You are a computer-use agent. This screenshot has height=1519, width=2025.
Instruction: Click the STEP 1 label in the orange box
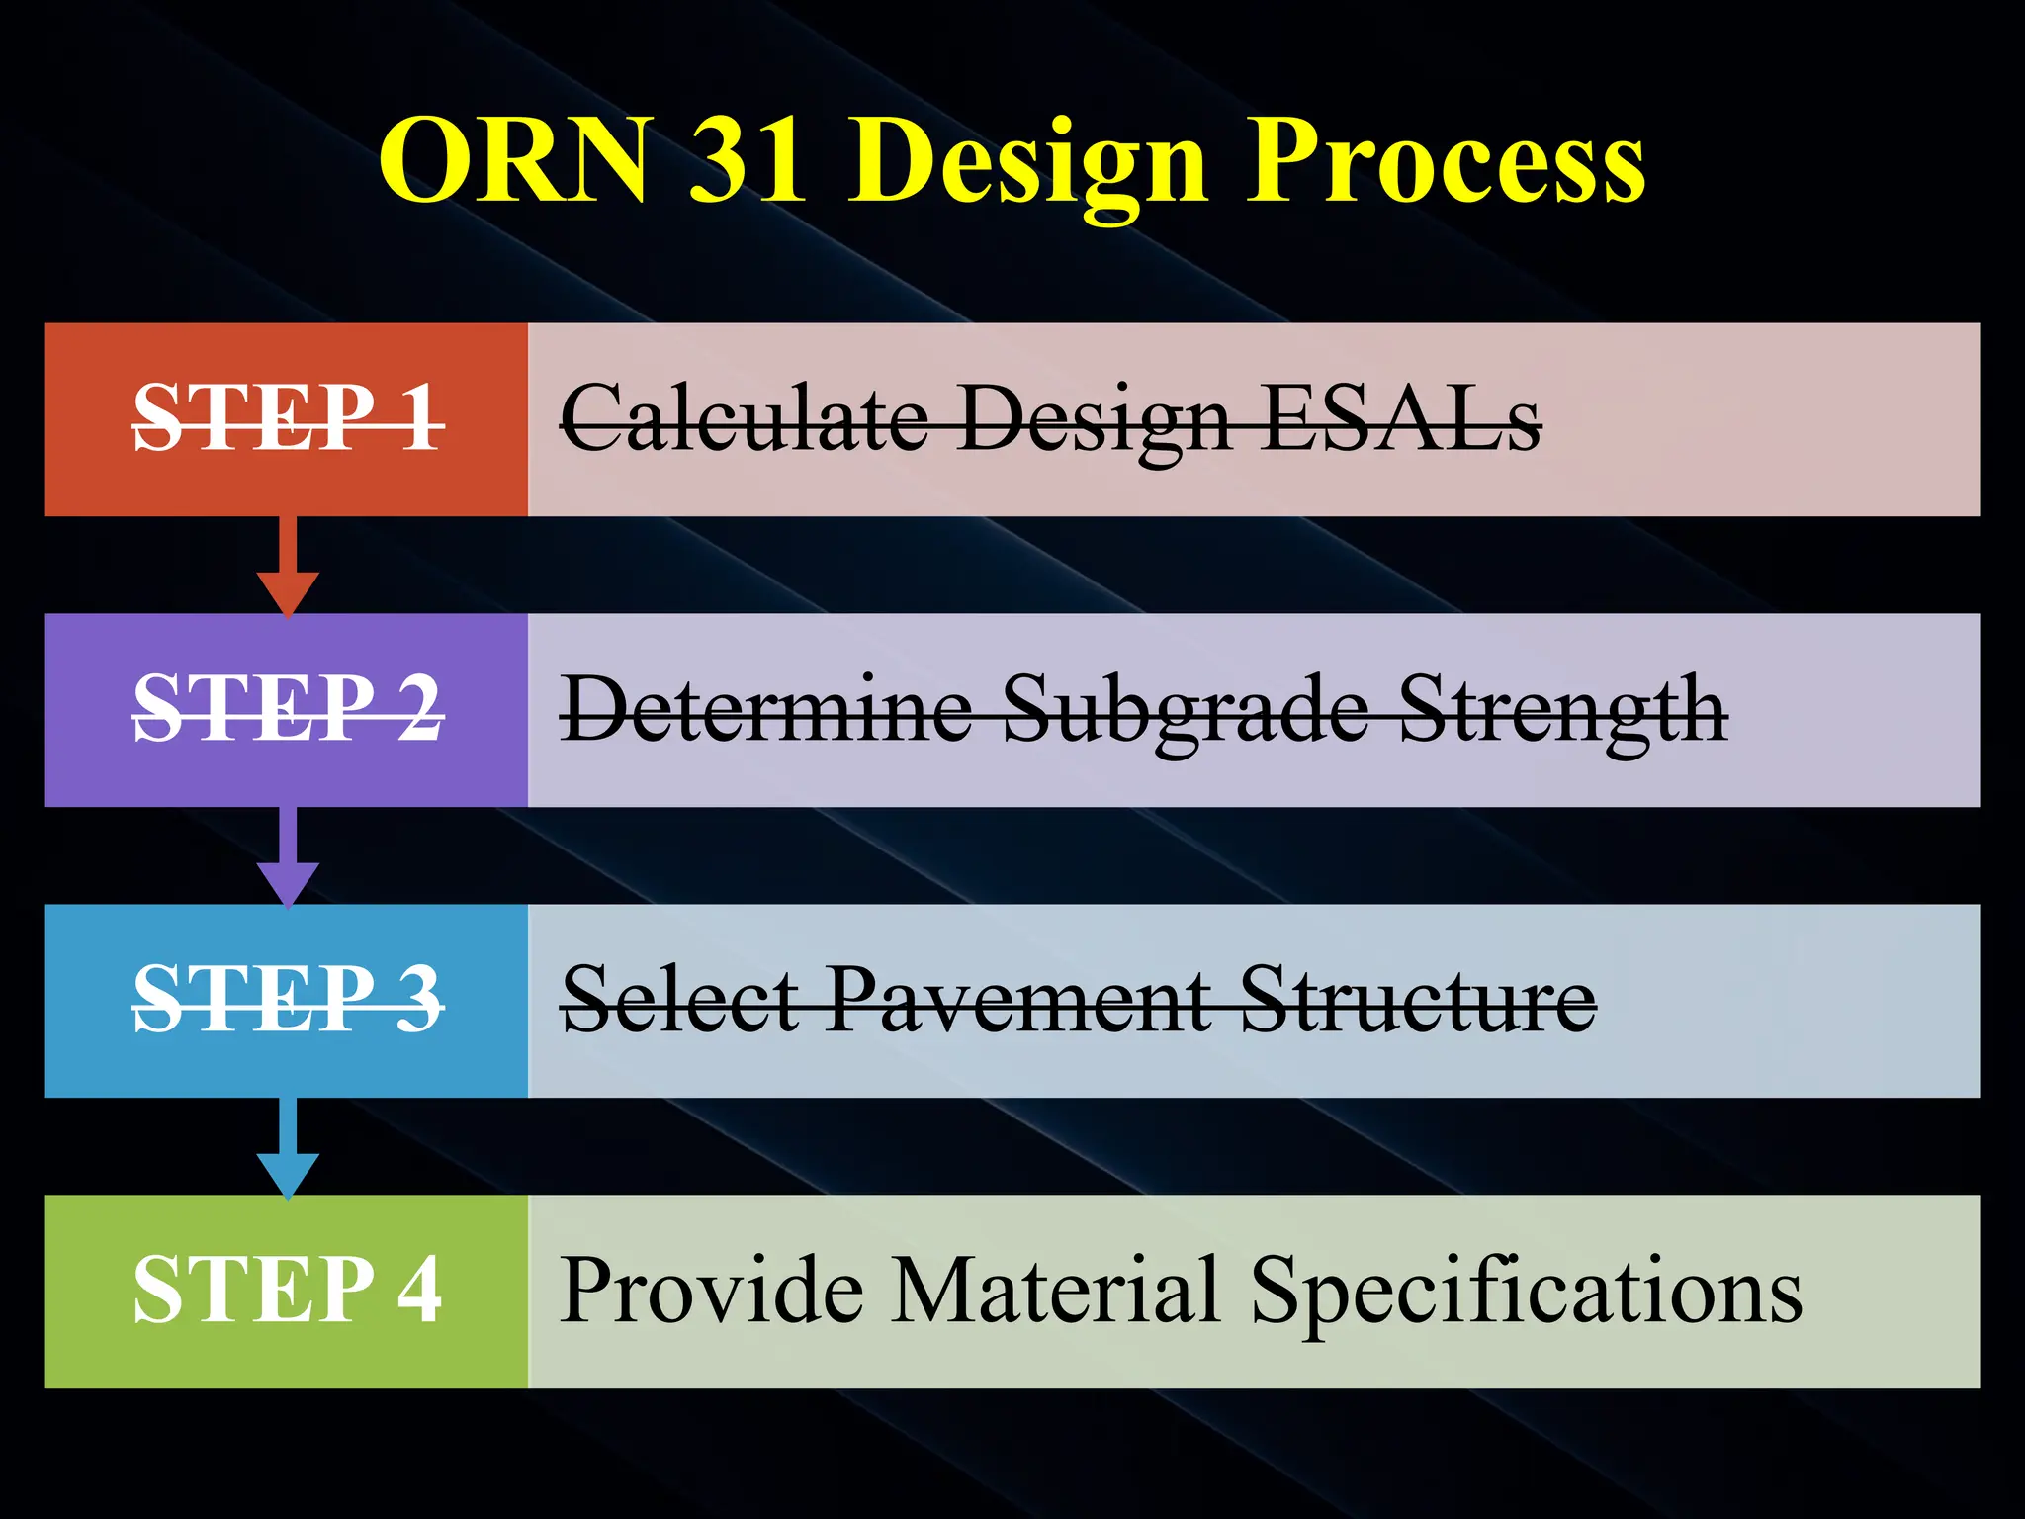(288, 419)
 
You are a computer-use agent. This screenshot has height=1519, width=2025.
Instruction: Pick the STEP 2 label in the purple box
(288, 709)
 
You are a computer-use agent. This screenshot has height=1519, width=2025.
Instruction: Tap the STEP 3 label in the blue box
(288, 1000)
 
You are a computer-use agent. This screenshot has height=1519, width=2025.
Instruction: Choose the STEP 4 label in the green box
(288, 1290)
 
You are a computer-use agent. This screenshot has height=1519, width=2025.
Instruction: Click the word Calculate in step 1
(744, 419)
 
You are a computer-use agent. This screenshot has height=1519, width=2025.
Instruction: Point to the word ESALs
(1401, 419)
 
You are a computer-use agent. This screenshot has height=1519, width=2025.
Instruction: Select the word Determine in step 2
(767, 709)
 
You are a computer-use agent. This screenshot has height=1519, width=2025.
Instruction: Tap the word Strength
(1563, 709)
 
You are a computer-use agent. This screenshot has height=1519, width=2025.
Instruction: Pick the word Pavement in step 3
(1018, 1000)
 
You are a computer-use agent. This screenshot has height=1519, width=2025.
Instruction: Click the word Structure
(1417, 1000)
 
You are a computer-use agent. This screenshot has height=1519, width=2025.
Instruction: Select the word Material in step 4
(1053, 1290)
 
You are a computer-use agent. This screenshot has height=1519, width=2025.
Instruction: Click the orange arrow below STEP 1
(288, 568)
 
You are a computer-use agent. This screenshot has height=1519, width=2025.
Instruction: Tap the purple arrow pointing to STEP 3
(288, 858)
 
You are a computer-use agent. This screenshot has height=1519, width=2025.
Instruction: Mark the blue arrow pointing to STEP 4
(288, 1149)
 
